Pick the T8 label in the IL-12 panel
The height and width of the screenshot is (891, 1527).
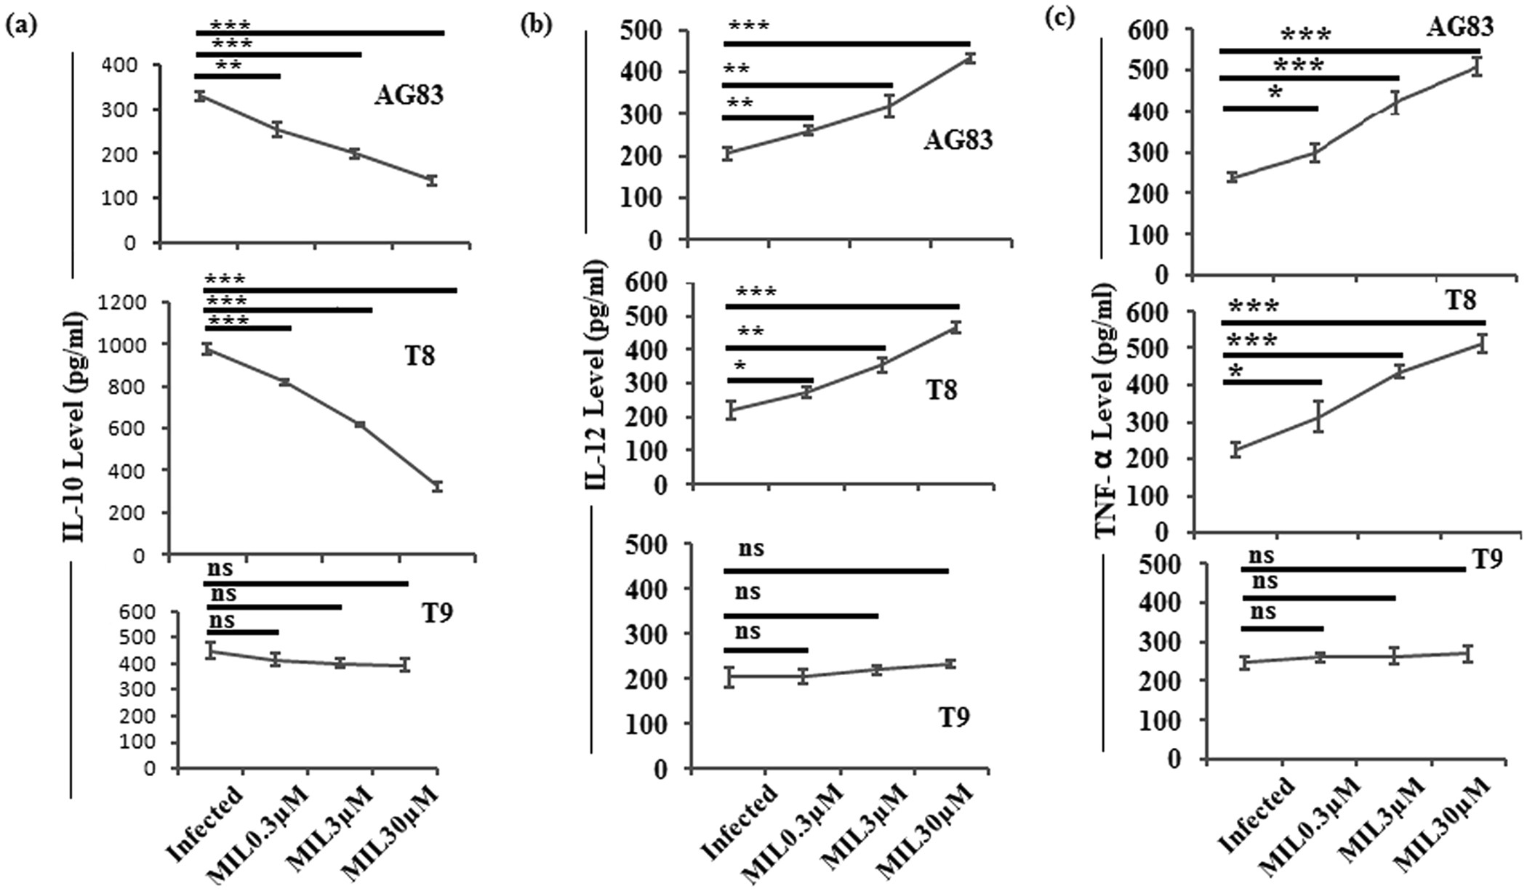pyautogui.click(x=941, y=391)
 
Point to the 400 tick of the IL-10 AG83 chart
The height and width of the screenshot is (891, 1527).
pyautogui.click(x=119, y=65)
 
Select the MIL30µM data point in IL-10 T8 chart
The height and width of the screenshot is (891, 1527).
pyautogui.click(x=437, y=486)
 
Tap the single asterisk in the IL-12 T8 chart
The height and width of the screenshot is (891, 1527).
pyautogui.click(x=740, y=366)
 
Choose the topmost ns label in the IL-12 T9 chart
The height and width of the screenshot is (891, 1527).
pyautogui.click(x=751, y=549)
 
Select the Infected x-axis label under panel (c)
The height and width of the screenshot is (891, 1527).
pyautogui.click(x=1257, y=816)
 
